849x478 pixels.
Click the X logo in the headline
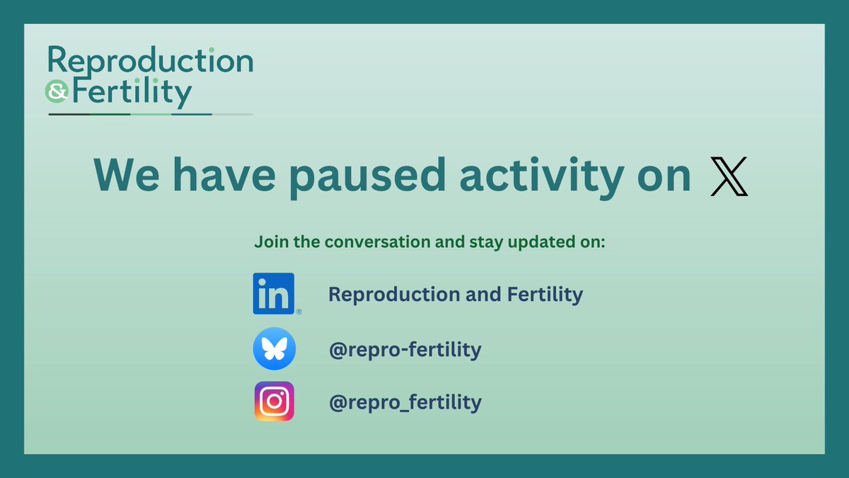tap(729, 176)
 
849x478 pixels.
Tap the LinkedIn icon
tap(274, 293)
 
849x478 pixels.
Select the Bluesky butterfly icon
tap(274, 350)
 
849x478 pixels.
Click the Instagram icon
tap(274, 402)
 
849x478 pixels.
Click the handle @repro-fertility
tap(405, 350)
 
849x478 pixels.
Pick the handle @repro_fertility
tap(405, 403)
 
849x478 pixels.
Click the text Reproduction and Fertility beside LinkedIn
tap(456, 295)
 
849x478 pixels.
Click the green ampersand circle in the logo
tap(54, 91)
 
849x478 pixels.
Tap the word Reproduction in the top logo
tap(150, 62)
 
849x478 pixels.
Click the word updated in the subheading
tap(536, 242)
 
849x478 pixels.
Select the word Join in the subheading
tap(268, 242)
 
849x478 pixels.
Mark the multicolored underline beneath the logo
tap(150, 114)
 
